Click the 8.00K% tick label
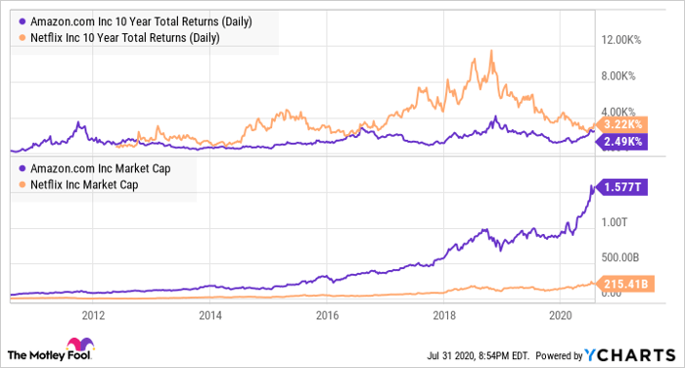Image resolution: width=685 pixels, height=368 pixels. point(623,76)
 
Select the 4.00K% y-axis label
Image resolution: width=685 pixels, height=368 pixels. point(623,112)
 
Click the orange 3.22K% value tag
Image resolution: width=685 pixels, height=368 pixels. point(621,125)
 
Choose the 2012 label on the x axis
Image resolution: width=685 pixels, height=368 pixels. point(94,315)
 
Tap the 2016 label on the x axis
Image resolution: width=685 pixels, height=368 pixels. point(328,315)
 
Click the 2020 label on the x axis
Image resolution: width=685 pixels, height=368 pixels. point(561,315)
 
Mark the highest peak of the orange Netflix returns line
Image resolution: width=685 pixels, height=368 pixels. point(491,51)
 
